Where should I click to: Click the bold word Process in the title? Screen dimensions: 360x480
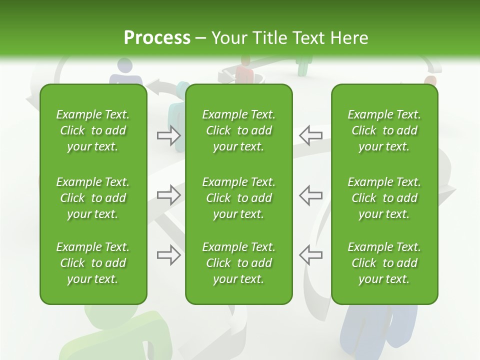(157, 38)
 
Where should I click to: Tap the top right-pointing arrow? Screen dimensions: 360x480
(169, 135)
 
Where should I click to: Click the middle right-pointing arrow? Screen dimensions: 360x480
(169, 195)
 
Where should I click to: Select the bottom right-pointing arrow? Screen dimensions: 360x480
(169, 255)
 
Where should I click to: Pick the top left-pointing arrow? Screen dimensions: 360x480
(310, 135)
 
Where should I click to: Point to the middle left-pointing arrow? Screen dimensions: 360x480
(310, 195)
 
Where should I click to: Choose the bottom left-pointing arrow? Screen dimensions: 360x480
(310, 255)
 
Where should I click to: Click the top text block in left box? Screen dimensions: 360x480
(93, 130)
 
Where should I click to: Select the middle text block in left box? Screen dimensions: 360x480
(93, 198)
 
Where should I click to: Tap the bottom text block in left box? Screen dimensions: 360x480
(93, 263)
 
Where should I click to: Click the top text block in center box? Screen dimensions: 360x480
(238, 130)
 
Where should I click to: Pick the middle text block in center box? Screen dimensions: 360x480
(238, 198)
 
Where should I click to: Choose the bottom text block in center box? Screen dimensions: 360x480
(238, 263)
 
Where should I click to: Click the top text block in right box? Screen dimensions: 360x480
(384, 130)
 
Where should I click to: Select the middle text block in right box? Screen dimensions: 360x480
(384, 198)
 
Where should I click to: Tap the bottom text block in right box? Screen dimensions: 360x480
(384, 263)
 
